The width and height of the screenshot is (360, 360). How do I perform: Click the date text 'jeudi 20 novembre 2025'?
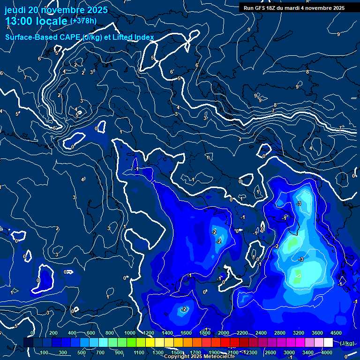(x=56, y=10)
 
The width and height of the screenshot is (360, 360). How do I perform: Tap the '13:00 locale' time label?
(x=37, y=21)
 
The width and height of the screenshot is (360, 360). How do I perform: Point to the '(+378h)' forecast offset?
(x=83, y=21)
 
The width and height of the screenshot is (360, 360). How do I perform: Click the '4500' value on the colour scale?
(x=335, y=333)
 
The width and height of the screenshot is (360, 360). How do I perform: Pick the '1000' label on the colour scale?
(x=130, y=333)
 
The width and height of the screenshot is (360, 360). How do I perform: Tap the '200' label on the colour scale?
(x=53, y=333)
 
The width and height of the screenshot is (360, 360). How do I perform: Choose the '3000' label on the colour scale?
(x=289, y=352)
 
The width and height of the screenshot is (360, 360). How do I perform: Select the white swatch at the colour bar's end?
(x=328, y=343)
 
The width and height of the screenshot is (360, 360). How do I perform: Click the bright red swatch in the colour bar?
(x=225, y=343)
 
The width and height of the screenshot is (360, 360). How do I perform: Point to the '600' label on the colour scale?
(x=91, y=333)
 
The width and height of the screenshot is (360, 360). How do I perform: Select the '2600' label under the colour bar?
(x=270, y=352)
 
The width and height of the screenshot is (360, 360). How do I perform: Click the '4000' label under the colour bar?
(x=327, y=352)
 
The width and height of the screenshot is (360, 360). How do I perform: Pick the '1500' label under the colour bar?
(x=177, y=352)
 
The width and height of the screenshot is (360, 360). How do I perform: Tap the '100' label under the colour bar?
(x=45, y=352)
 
